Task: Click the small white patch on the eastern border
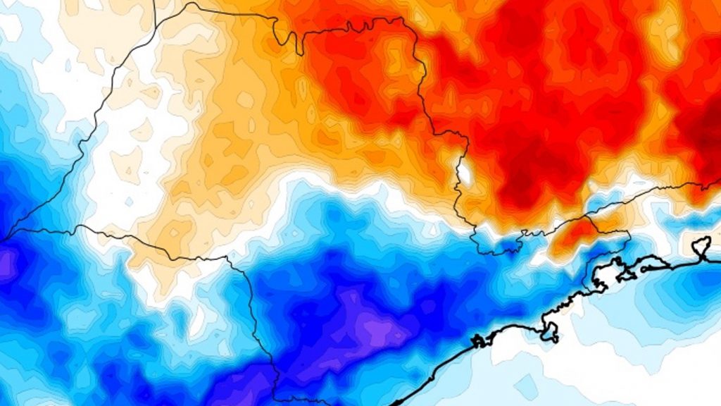pyautogui.click(x=465, y=171)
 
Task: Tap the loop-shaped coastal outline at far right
pyautogui.click(x=701, y=247)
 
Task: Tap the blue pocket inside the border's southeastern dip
pyautogui.click(x=496, y=247)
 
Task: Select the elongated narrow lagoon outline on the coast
pyautogui.click(x=651, y=264)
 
